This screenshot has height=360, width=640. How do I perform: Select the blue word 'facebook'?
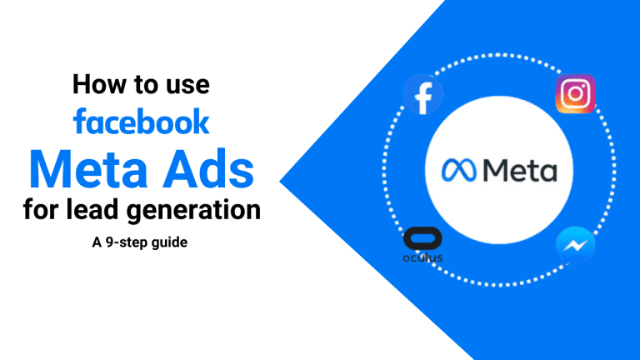141,122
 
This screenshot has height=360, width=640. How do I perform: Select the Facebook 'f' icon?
423,97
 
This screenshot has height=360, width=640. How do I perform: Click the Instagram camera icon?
575,94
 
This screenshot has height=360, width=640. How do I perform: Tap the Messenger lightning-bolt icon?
574,246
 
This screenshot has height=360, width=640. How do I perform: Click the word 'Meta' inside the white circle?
521,172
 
